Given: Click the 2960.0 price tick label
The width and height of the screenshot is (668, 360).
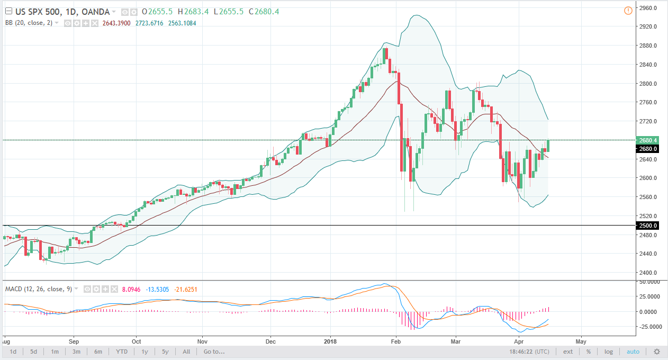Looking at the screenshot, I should tap(649, 8).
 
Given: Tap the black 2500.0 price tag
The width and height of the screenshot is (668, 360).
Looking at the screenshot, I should tap(649, 226).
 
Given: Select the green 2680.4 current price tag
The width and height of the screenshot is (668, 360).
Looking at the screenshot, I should tap(649, 140).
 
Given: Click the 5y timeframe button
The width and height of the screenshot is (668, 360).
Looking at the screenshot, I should tap(165, 352).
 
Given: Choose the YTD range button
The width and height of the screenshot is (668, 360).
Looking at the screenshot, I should tap(121, 352).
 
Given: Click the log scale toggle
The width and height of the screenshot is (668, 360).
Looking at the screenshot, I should tap(609, 352).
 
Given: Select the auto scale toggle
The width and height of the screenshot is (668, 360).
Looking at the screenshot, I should tap(633, 352).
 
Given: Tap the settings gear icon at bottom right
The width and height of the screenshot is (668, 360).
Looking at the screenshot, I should tap(657, 352).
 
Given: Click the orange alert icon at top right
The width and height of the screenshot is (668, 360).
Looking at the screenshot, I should tap(628, 10).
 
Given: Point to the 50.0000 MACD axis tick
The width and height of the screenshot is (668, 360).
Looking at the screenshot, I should tap(650, 283).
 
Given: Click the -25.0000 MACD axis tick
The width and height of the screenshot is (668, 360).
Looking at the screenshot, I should tap(649, 327).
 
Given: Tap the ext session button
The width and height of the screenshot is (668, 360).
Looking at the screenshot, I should tap(567, 352).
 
